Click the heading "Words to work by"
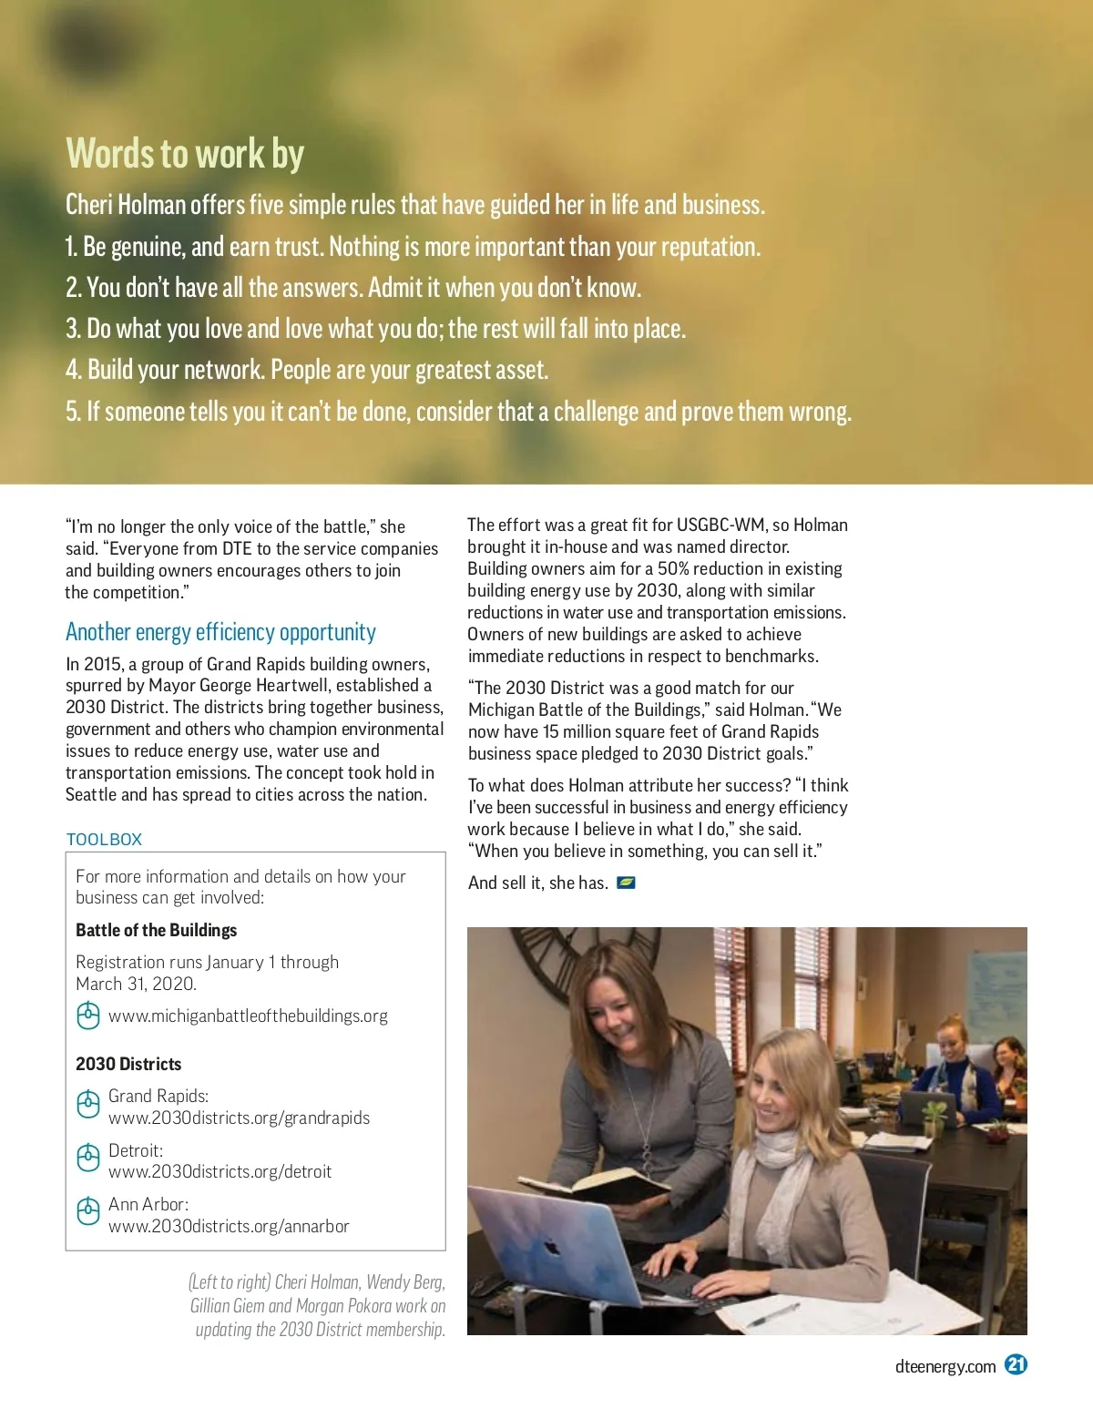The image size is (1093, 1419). point(185,154)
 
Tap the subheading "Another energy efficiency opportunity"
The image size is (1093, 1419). point(220,632)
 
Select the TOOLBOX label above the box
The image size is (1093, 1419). point(104,839)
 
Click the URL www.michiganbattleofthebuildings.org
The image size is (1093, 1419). point(248,1016)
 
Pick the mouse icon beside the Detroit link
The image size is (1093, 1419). point(87,1159)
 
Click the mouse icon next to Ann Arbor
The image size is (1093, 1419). point(87,1212)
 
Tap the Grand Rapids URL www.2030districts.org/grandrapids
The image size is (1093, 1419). point(239,1118)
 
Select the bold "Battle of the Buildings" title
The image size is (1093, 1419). point(156,930)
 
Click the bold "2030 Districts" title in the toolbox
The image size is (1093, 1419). point(128,1064)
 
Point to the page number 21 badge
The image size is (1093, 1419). point(1016,1364)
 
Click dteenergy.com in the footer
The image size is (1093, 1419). point(945,1366)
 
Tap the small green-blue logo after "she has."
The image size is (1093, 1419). point(626,883)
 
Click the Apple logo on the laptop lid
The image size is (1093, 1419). point(551,1246)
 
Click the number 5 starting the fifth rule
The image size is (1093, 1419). point(73,412)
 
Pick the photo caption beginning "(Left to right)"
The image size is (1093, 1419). point(318,1305)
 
